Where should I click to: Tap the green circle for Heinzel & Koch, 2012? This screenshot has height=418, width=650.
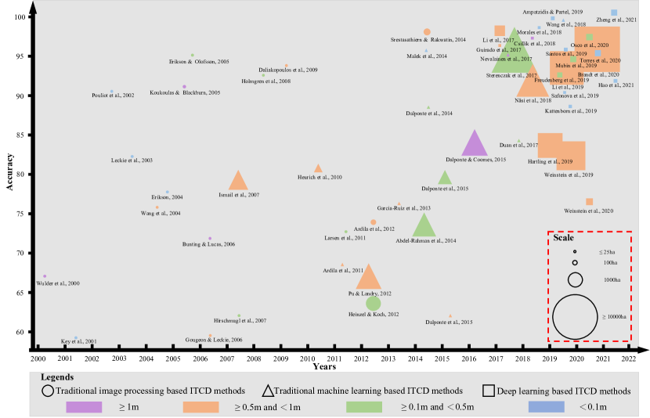click(x=373, y=303)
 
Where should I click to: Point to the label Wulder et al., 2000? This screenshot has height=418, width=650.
click(x=58, y=283)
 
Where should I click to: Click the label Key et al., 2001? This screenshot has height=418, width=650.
click(x=80, y=342)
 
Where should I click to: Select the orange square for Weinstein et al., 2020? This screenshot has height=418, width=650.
click(x=589, y=202)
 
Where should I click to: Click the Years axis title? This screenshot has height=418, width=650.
click(x=324, y=366)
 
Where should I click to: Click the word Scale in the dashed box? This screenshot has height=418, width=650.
click(x=563, y=237)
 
